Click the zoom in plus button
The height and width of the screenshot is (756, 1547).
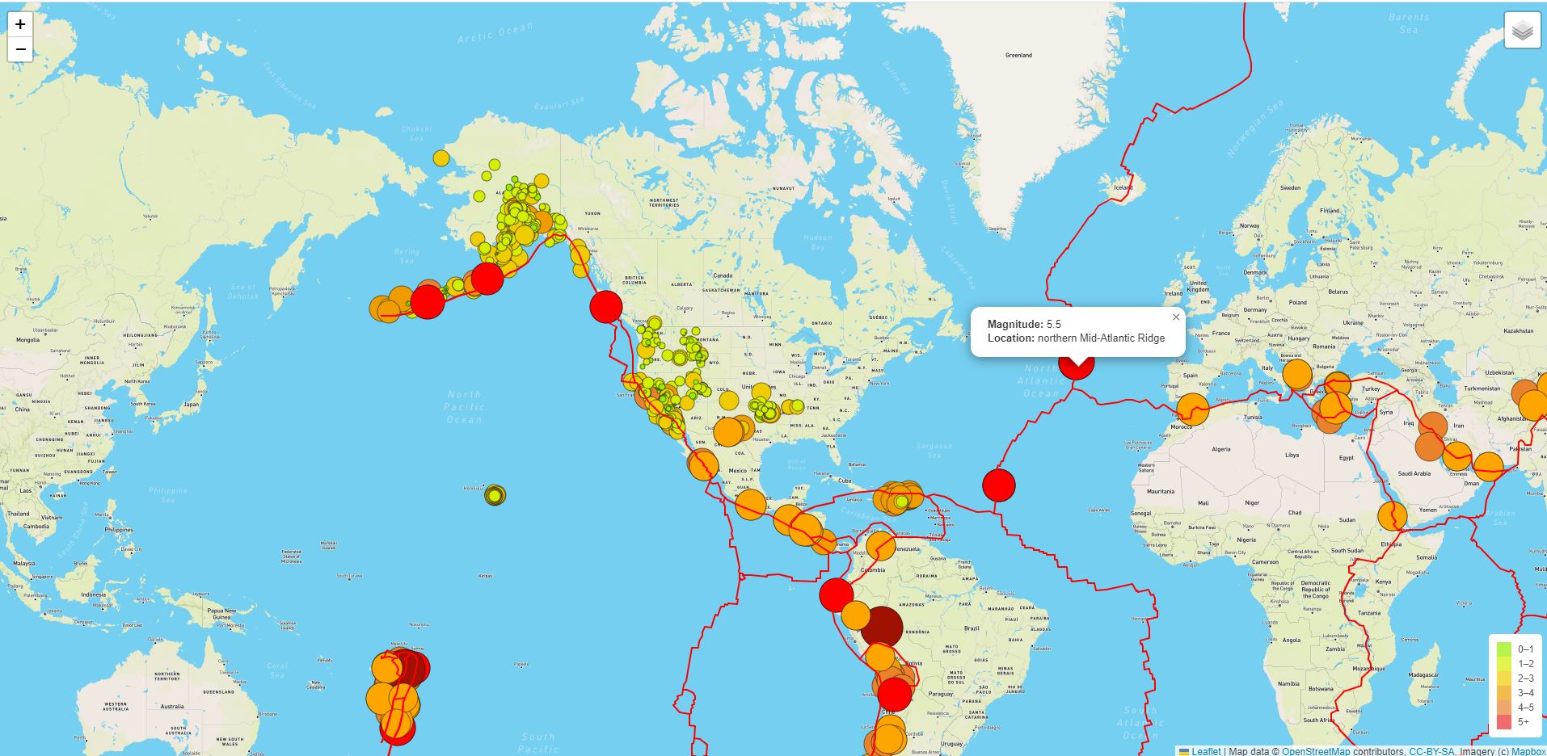point(20,24)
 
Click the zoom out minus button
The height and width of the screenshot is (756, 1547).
point(20,49)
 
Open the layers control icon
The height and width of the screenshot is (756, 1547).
point(1522,31)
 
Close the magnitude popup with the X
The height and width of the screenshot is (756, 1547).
point(1176,317)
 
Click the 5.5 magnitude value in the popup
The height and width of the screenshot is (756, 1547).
point(1053,324)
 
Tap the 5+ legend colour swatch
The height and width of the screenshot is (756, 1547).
point(1503,721)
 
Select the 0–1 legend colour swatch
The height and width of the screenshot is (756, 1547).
point(1503,649)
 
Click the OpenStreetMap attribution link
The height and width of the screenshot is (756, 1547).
point(1315,751)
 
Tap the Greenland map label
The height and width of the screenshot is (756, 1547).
point(1018,55)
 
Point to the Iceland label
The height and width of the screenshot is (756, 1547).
point(1123,187)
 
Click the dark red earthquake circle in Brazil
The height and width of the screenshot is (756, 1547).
point(881,627)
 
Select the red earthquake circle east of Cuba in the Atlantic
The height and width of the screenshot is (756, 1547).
point(999,485)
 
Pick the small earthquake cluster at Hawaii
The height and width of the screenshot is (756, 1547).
point(495,495)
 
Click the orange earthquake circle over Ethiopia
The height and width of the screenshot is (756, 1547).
point(1392,515)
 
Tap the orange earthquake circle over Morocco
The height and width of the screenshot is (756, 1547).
point(1193,409)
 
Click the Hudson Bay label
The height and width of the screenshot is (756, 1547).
point(817,241)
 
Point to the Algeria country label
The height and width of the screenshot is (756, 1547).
point(1220,449)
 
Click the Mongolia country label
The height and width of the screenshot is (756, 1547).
point(27,340)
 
